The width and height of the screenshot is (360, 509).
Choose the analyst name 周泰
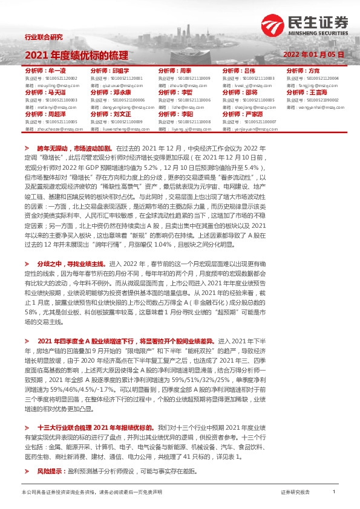pos(186,71)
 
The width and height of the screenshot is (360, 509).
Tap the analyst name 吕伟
pos(250,71)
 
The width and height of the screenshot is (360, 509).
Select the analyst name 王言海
pos(319,92)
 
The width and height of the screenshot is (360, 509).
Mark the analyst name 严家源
pos(253,114)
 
